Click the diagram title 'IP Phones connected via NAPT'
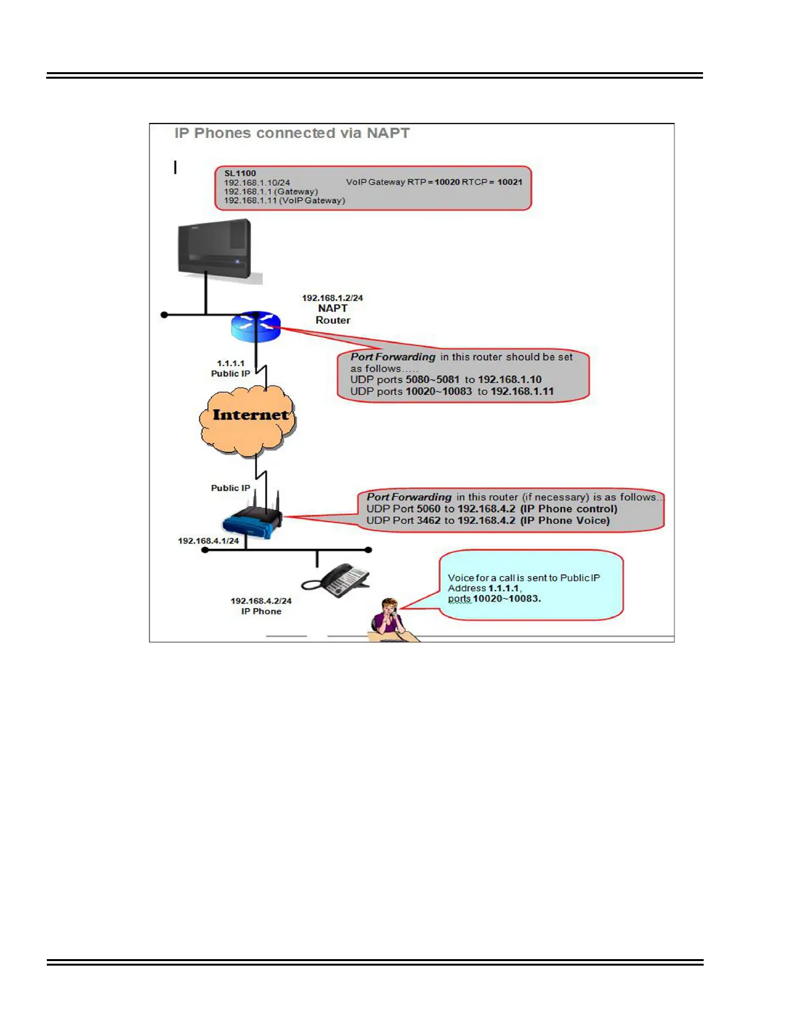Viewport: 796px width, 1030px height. pos(292,133)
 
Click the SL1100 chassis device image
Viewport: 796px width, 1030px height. pos(215,250)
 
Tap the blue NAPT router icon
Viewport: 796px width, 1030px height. pos(256,326)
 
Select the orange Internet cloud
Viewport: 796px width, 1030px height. pos(248,419)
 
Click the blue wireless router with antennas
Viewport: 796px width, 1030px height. pos(253,519)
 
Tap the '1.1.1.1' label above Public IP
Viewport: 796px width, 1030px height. pos(231,363)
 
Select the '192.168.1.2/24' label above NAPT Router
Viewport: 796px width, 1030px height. pos(332,298)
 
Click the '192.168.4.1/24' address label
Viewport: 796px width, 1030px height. pos(209,540)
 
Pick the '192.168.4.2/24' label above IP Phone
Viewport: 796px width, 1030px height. pos(261,601)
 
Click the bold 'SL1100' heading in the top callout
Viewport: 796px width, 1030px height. pos(240,174)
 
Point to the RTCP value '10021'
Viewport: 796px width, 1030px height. pos(510,182)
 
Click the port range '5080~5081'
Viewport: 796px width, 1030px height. pos(432,380)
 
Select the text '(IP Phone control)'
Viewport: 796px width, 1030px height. pos(568,509)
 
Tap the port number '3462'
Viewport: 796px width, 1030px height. pos(428,520)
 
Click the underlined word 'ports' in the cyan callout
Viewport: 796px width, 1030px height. pos(459,599)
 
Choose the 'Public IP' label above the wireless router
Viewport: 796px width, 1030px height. pos(230,488)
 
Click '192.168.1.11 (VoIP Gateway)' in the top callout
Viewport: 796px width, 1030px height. pos(284,200)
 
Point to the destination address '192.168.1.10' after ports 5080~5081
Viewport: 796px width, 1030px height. pos(510,380)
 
